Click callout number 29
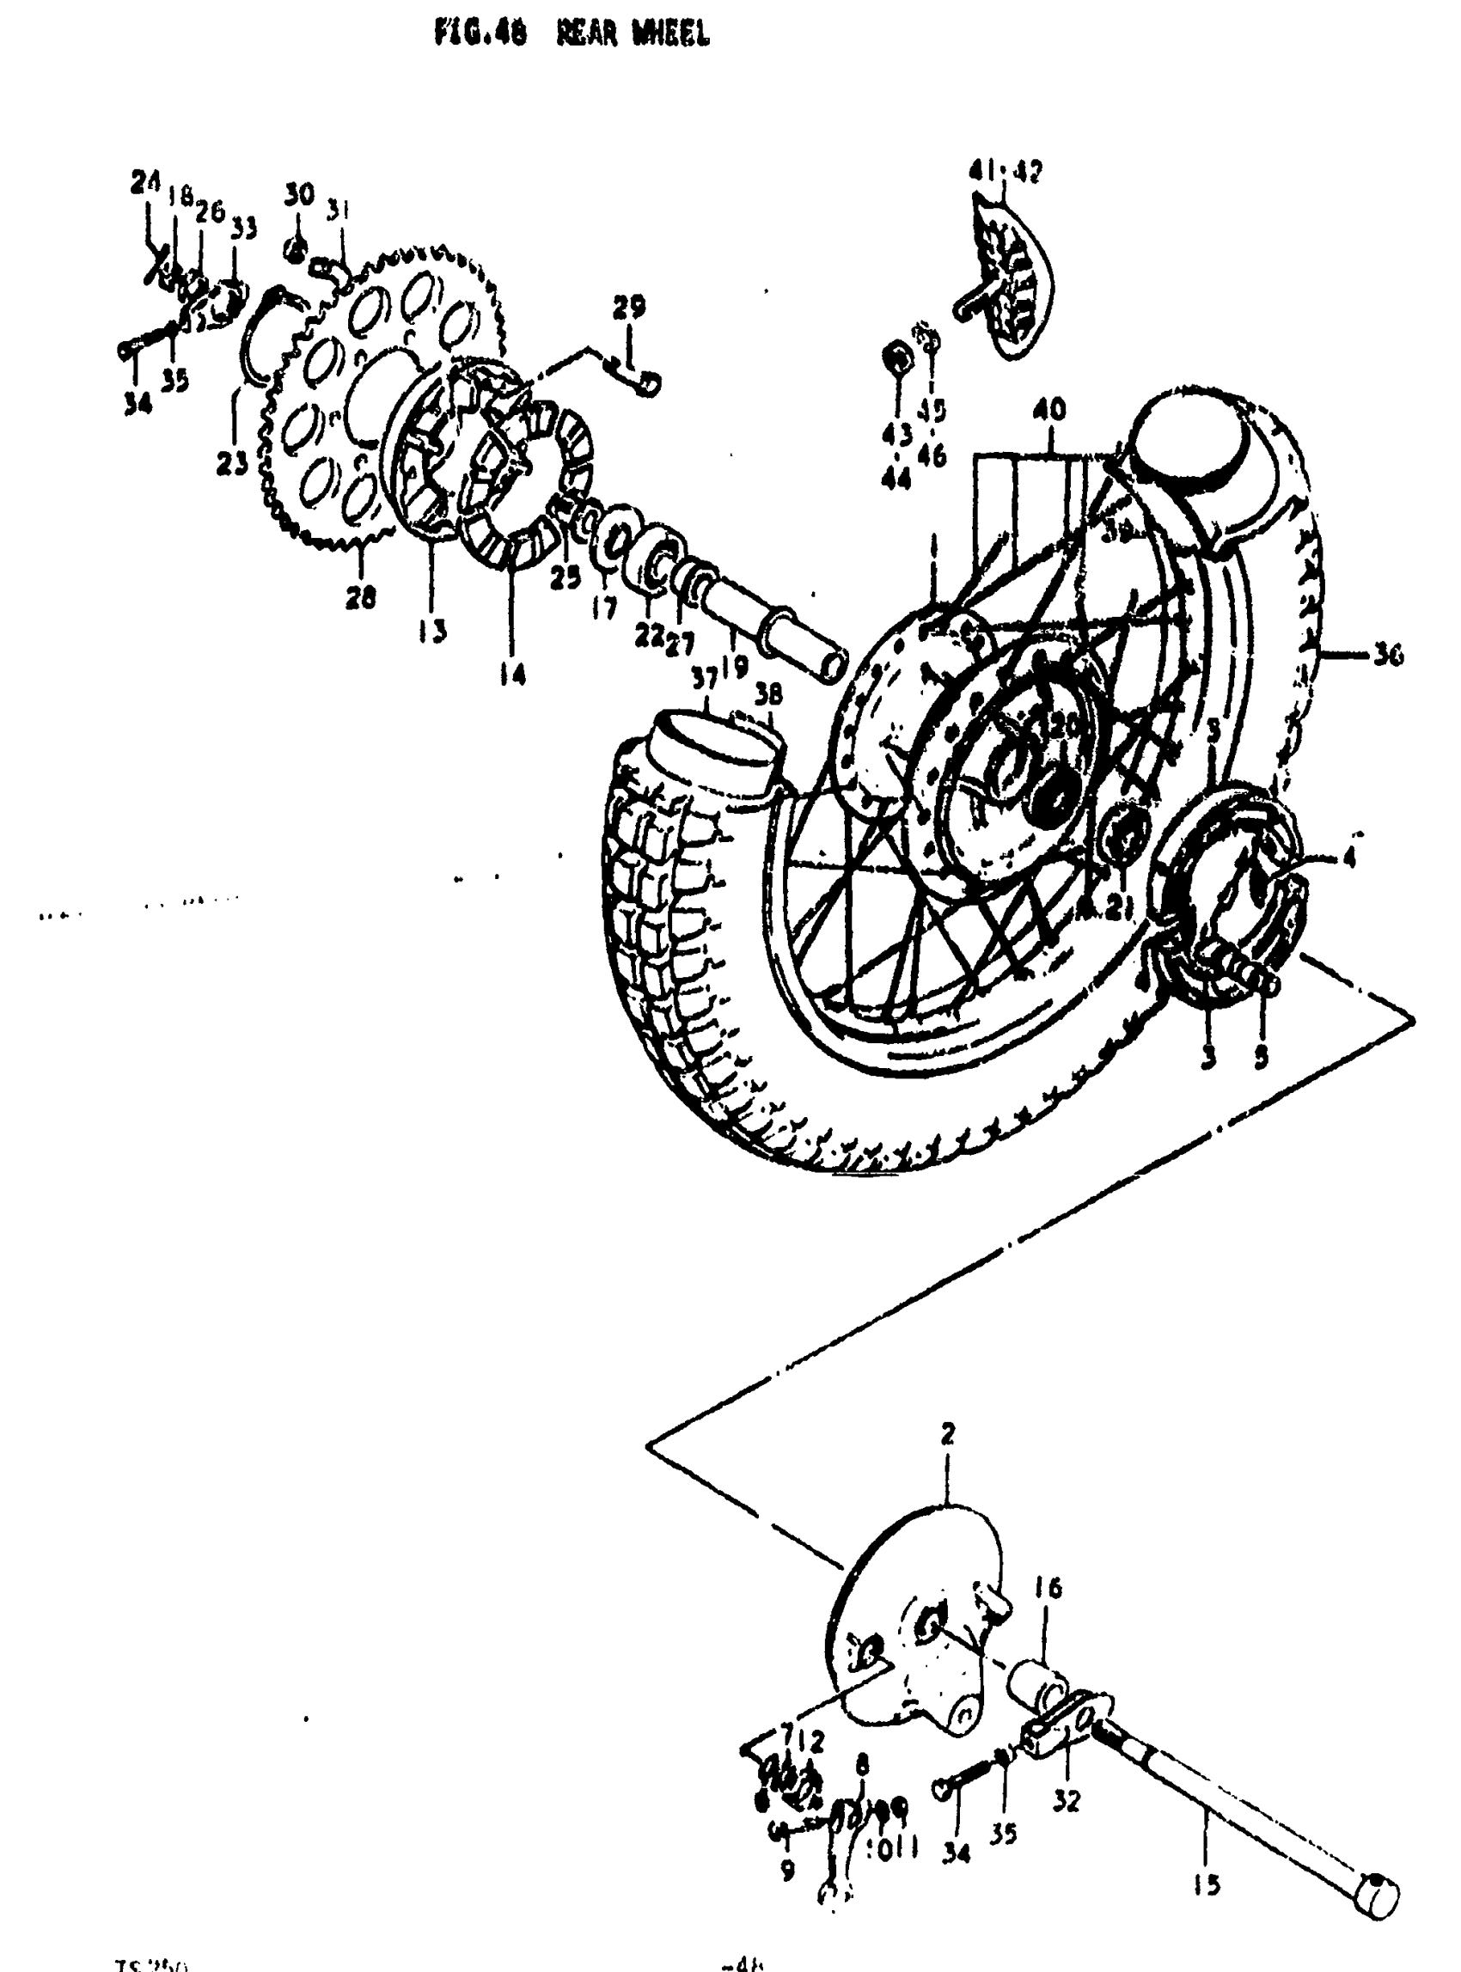click(629, 307)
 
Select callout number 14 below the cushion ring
click(512, 675)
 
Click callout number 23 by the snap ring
click(232, 463)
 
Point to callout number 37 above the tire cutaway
click(705, 678)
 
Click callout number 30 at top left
click(300, 194)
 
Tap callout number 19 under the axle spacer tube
click(734, 666)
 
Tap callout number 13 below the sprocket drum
click(432, 631)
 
